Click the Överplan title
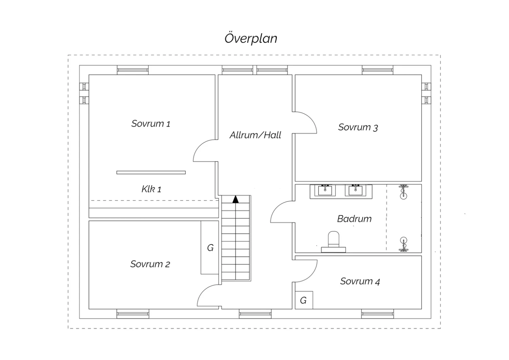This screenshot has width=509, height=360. click(x=251, y=38)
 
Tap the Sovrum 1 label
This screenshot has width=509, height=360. click(x=151, y=124)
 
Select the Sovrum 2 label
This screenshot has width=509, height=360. click(x=150, y=264)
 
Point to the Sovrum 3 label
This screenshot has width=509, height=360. click(x=358, y=127)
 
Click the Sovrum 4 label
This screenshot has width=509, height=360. click(x=360, y=282)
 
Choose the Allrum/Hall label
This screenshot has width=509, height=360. click(x=256, y=135)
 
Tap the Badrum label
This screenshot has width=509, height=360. click(x=354, y=219)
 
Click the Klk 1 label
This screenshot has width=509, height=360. click(x=151, y=189)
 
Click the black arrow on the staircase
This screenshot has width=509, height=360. click(x=235, y=199)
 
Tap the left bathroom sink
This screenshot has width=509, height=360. click(x=325, y=190)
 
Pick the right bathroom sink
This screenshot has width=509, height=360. click(x=356, y=190)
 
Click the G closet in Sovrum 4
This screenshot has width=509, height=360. click(x=304, y=300)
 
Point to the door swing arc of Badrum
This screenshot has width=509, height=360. click(x=282, y=212)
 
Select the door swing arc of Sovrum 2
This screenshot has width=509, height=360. click(x=209, y=295)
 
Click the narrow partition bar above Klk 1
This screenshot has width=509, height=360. click(x=151, y=173)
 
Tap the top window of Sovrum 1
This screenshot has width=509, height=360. click(x=133, y=70)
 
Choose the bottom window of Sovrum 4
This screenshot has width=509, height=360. click(x=377, y=314)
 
